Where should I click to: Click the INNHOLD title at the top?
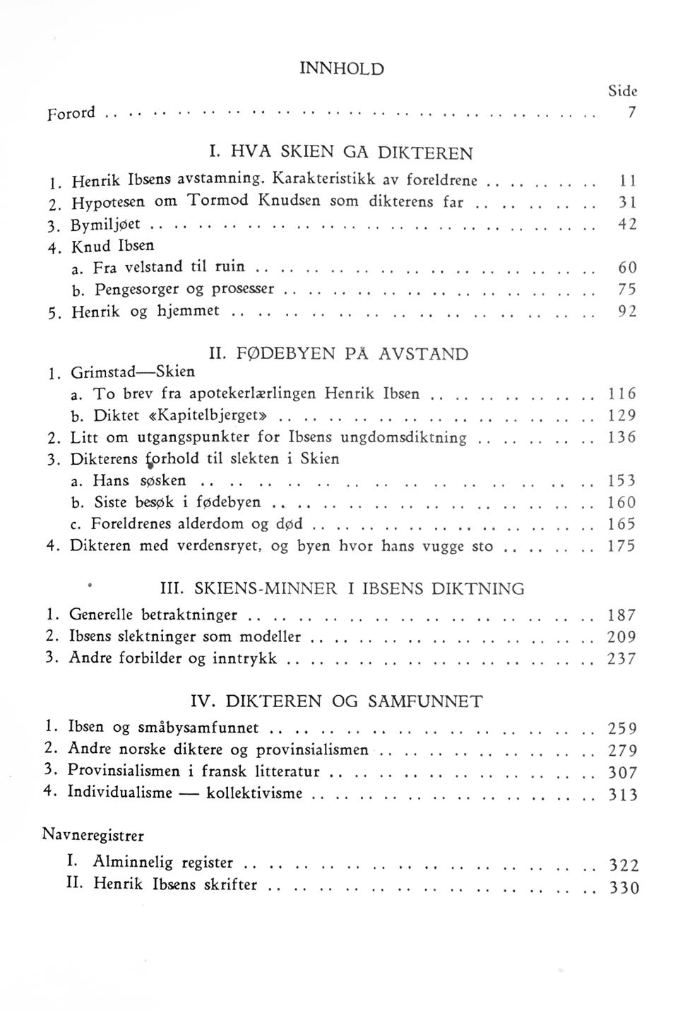tap(342, 69)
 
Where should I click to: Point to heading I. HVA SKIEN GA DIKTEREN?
tap(341, 153)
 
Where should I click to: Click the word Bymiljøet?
tap(106, 225)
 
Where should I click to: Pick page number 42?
tap(627, 225)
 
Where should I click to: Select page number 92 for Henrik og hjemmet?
tap(627, 311)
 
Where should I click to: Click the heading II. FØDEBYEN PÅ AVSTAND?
tap(341, 353)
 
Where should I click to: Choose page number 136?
tap(622, 437)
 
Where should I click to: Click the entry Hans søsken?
tap(139, 481)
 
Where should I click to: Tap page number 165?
tap(622, 525)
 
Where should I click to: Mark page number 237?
tap(622, 659)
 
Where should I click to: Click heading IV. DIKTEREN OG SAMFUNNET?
tap(338, 701)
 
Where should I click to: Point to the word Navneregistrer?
tap(93, 835)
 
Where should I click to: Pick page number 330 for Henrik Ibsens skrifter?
tap(624, 888)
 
